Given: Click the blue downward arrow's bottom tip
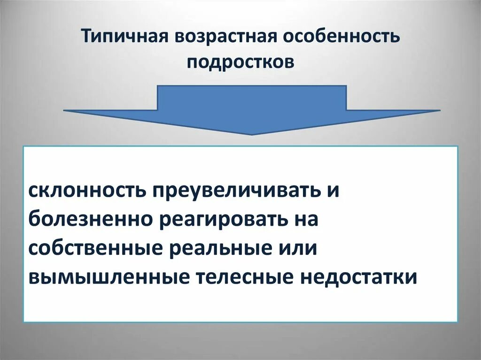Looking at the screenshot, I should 252,133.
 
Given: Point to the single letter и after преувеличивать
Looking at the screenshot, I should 333,191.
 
